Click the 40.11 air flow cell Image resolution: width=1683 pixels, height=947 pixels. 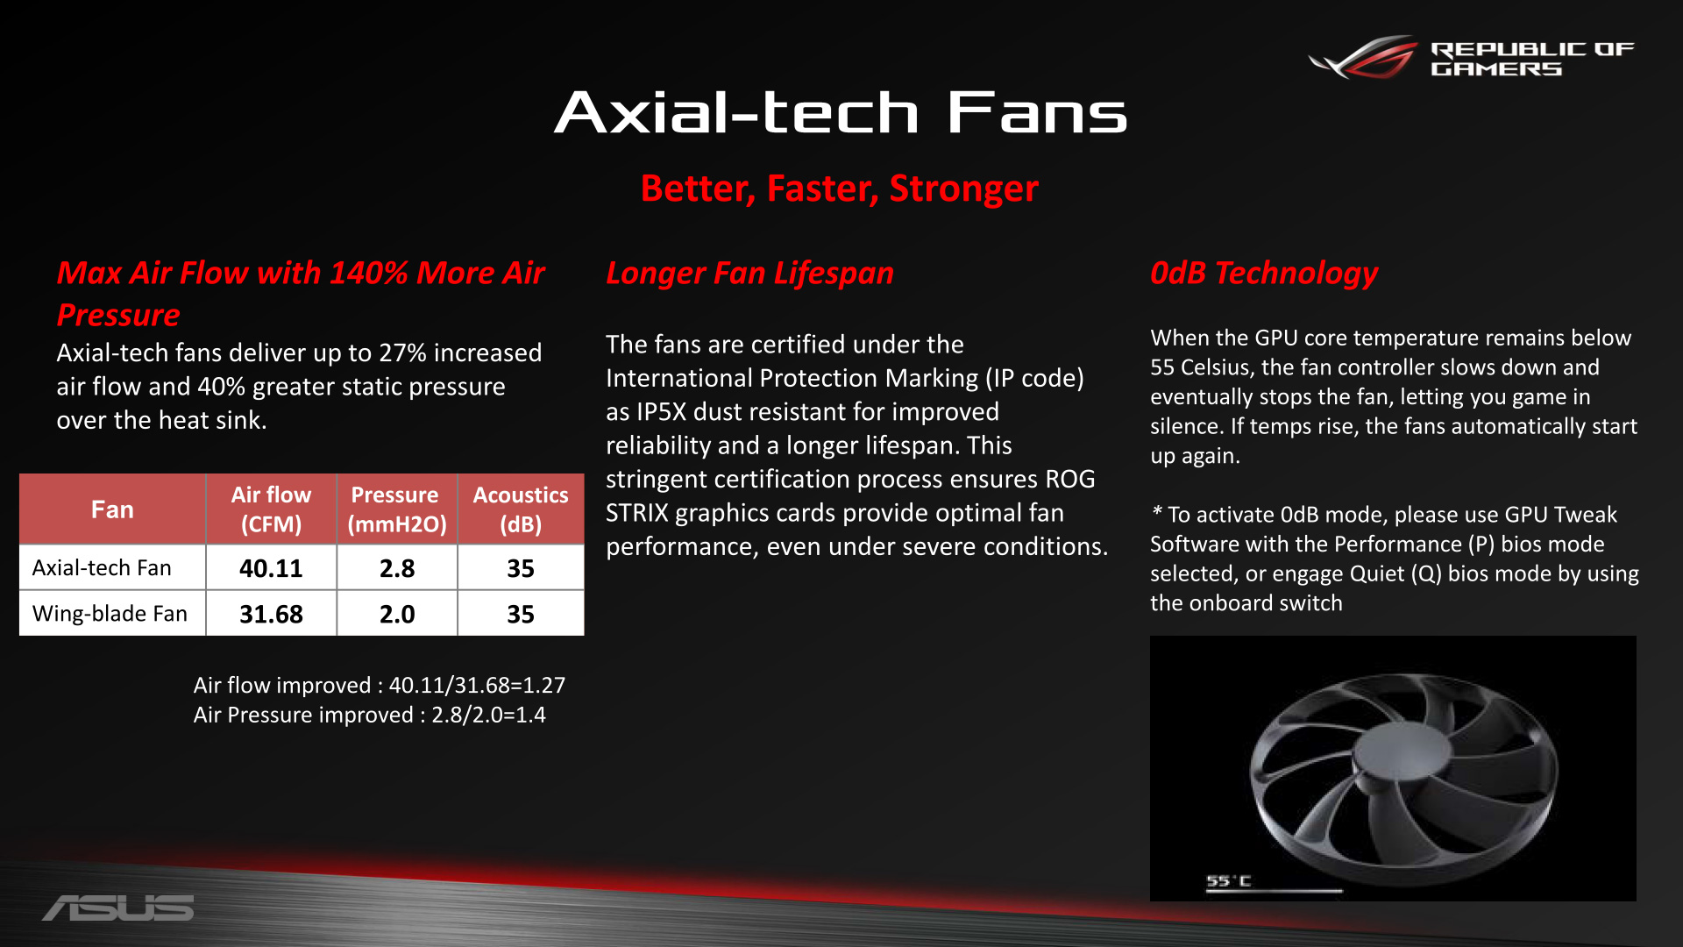pyautogui.click(x=271, y=568)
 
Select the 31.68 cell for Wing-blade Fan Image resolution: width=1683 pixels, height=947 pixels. pyautogui.click(x=271, y=614)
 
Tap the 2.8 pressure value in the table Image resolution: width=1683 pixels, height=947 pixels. pyautogui.click(x=397, y=568)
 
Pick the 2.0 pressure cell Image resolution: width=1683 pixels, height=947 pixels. pyautogui.click(x=397, y=614)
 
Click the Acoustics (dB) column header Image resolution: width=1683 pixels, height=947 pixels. pyautogui.click(x=521, y=509)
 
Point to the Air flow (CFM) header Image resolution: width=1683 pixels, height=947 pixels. pyautogui.click(x=271, y=509)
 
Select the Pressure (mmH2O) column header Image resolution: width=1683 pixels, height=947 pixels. pyautogui.click(x=397, y=509)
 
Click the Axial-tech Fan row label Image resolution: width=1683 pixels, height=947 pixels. pyautogui.click(x=102, y=568)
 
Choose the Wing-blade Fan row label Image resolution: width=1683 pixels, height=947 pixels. pyautogui.click(x=110, y=614)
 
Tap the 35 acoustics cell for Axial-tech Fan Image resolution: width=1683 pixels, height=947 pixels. pyautogui.click(x=521, y=568)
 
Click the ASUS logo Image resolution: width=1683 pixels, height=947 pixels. pyautogui.click(x=118, y=908)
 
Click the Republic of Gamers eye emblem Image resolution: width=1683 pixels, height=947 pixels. pyautogui.click(x=1363, y=57)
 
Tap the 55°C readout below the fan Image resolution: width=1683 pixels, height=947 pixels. pyautogui.click(x=1228, y=880)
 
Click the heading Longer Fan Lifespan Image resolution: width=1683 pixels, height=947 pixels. pyautogui.click(x=749, y=274)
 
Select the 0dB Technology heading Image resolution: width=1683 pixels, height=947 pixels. pyautogui.click(x=1264, y=274)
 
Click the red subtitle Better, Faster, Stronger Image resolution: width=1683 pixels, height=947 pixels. pyautogui.click(x=840, y=189)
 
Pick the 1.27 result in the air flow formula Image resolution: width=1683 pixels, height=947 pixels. pyautogui.click(x=544, y=685)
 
